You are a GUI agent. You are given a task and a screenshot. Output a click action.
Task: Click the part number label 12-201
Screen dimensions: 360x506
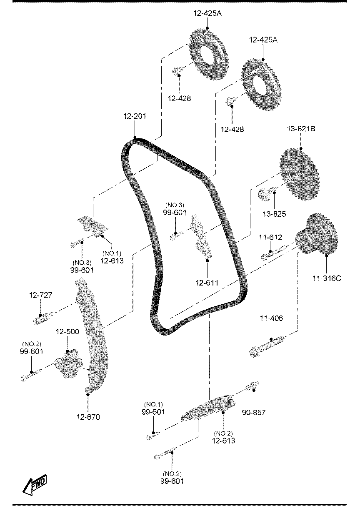[135, 116]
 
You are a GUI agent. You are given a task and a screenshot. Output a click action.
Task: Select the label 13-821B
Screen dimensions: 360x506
[301, 129]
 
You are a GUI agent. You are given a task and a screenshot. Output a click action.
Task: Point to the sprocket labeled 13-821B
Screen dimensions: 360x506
[300, 174]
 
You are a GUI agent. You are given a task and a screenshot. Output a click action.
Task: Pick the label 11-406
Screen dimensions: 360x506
[271, 318]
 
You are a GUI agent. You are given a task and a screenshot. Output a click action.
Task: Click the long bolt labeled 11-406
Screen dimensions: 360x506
[267, 346]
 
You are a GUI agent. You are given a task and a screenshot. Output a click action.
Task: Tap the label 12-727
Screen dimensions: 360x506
[41, 295]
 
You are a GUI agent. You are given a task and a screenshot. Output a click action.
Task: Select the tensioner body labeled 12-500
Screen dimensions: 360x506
[69, 364]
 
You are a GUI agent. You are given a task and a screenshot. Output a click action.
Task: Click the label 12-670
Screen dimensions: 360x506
[88, 417]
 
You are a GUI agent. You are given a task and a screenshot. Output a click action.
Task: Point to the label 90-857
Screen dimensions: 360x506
[254, 413]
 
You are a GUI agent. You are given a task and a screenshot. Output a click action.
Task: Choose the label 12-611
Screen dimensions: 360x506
[207, 283]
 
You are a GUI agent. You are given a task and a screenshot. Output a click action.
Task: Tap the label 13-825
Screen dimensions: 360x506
[274, 214]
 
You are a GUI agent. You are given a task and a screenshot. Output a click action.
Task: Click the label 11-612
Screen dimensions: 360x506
[270, 238]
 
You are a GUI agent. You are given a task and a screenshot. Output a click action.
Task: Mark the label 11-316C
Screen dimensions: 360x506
[327, 278]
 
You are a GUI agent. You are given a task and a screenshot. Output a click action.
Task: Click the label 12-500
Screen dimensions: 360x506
[67, 332]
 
